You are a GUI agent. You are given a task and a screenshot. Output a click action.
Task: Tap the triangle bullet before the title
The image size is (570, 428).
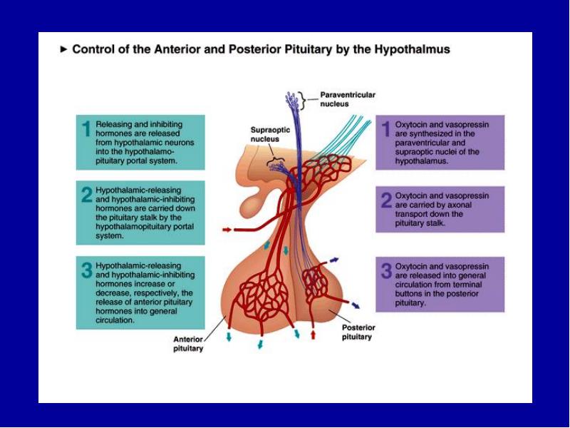(x=64, y=49)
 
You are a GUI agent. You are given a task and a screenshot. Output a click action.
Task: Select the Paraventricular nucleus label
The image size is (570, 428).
(x=348, y=99)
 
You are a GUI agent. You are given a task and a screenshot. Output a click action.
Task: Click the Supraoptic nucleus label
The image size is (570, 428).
(x=271, y=134)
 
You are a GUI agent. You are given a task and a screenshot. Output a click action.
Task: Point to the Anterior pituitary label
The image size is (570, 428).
(x=188, y=344)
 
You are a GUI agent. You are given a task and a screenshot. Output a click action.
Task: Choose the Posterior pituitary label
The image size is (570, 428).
(x=358, y=332)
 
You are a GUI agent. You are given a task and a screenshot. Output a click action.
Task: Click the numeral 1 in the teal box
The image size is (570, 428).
(x=86, y=129)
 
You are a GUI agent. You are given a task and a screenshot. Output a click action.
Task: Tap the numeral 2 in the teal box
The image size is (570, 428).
(x=87, y=195)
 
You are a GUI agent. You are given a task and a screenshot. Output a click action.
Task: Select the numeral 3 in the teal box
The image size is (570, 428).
(x=87, y=270)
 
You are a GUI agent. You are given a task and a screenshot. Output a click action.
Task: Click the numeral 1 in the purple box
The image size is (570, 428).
(x=386, y=130)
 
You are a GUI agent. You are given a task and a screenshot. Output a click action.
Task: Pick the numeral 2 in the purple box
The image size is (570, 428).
(x=386, y=200)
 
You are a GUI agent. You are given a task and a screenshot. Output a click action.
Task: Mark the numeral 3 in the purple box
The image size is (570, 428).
(x=386, y=271)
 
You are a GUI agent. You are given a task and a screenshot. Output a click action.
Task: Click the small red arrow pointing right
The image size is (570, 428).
(x=227, y=230)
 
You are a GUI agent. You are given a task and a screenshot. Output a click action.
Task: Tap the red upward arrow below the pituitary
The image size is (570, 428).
(x=313, y=335)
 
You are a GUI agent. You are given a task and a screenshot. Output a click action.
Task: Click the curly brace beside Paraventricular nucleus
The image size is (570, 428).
(x=301, y=100)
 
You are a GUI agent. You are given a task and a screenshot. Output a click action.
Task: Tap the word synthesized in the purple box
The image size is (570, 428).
(x=430, y=134)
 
